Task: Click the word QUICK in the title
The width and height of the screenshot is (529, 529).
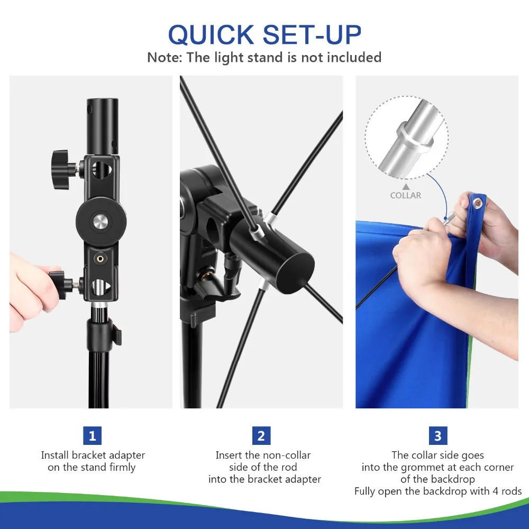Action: click(211, 35)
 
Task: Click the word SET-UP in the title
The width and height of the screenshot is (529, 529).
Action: click(312, 34)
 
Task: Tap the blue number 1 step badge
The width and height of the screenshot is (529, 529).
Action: click(93, 436)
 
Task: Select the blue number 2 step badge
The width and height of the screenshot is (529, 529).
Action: click(261, 436)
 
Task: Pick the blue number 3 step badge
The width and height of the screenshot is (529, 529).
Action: click(438, 436)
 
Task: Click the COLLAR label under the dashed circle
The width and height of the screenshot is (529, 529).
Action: click(406, 195)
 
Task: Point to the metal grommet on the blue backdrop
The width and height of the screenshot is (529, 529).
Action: click(477, 203)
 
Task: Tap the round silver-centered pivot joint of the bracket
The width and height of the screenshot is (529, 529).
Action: click(101, 222)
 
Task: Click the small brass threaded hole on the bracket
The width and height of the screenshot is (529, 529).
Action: click(100, 259)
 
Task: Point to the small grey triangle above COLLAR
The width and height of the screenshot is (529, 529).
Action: click(406, 187)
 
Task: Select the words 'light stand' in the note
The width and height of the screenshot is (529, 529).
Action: click(249, 58)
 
